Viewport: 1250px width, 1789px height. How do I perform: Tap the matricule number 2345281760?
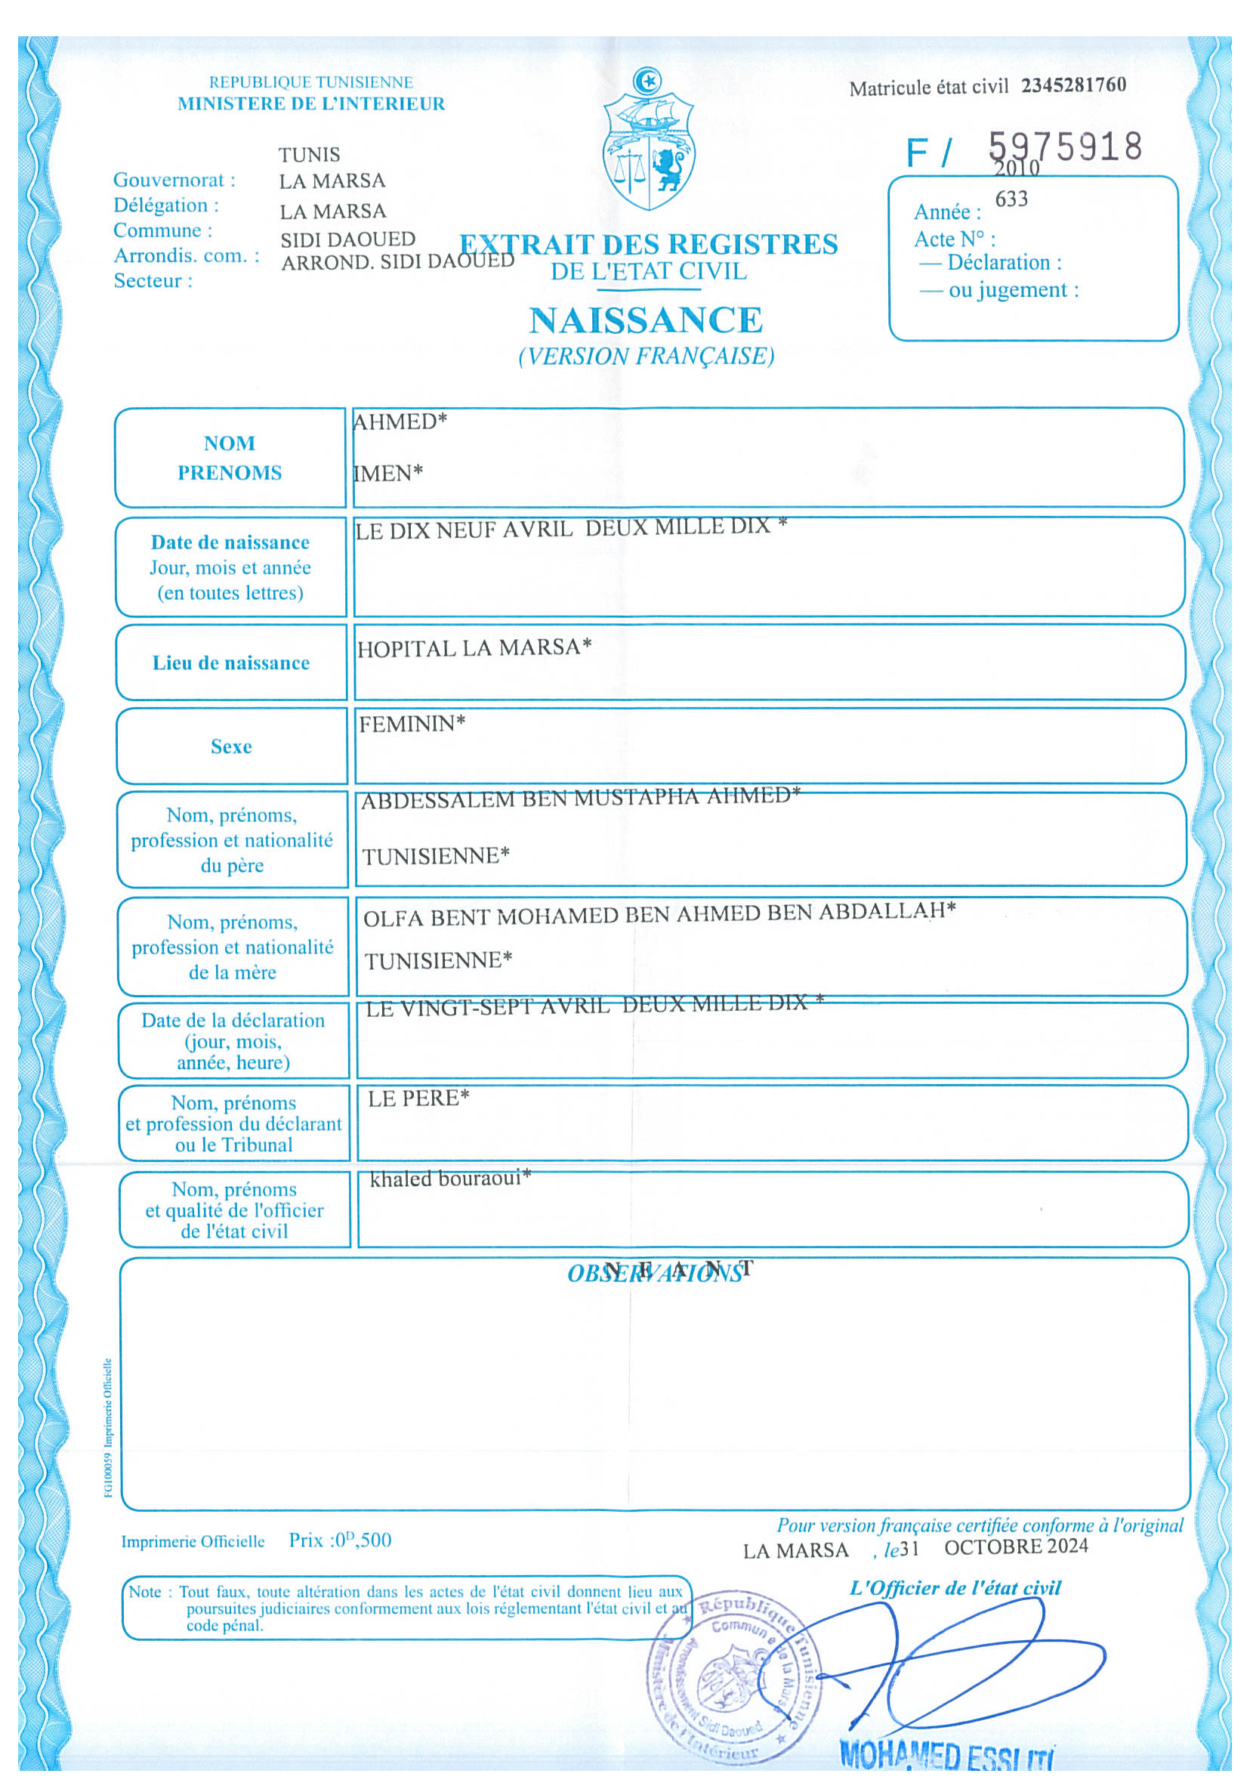tap(1073, 85)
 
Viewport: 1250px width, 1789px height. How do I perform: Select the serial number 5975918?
tap(1065, 147)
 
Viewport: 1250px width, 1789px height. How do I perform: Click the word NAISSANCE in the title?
tap(646, 320)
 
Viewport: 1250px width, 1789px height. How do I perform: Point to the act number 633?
tap(1011, 199)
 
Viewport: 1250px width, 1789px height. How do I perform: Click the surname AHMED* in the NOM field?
tap(400, 422)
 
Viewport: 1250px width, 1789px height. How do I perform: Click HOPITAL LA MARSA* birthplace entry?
tap(474, 648)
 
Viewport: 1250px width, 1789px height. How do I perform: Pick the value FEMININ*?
tap(412, 724)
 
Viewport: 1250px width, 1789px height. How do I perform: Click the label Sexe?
tap(231, 746)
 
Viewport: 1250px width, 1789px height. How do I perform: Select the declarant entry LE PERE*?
tap(418, 1098)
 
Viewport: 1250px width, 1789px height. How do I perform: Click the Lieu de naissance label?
tap(231, 663)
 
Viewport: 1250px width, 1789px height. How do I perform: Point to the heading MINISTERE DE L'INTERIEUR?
tap(311, 104)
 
